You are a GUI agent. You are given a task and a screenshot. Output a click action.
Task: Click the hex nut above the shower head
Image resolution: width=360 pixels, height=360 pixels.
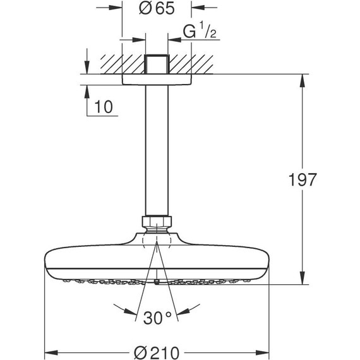(156, 222)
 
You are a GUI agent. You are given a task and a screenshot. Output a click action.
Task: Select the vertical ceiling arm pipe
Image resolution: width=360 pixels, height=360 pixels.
(156, 152)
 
